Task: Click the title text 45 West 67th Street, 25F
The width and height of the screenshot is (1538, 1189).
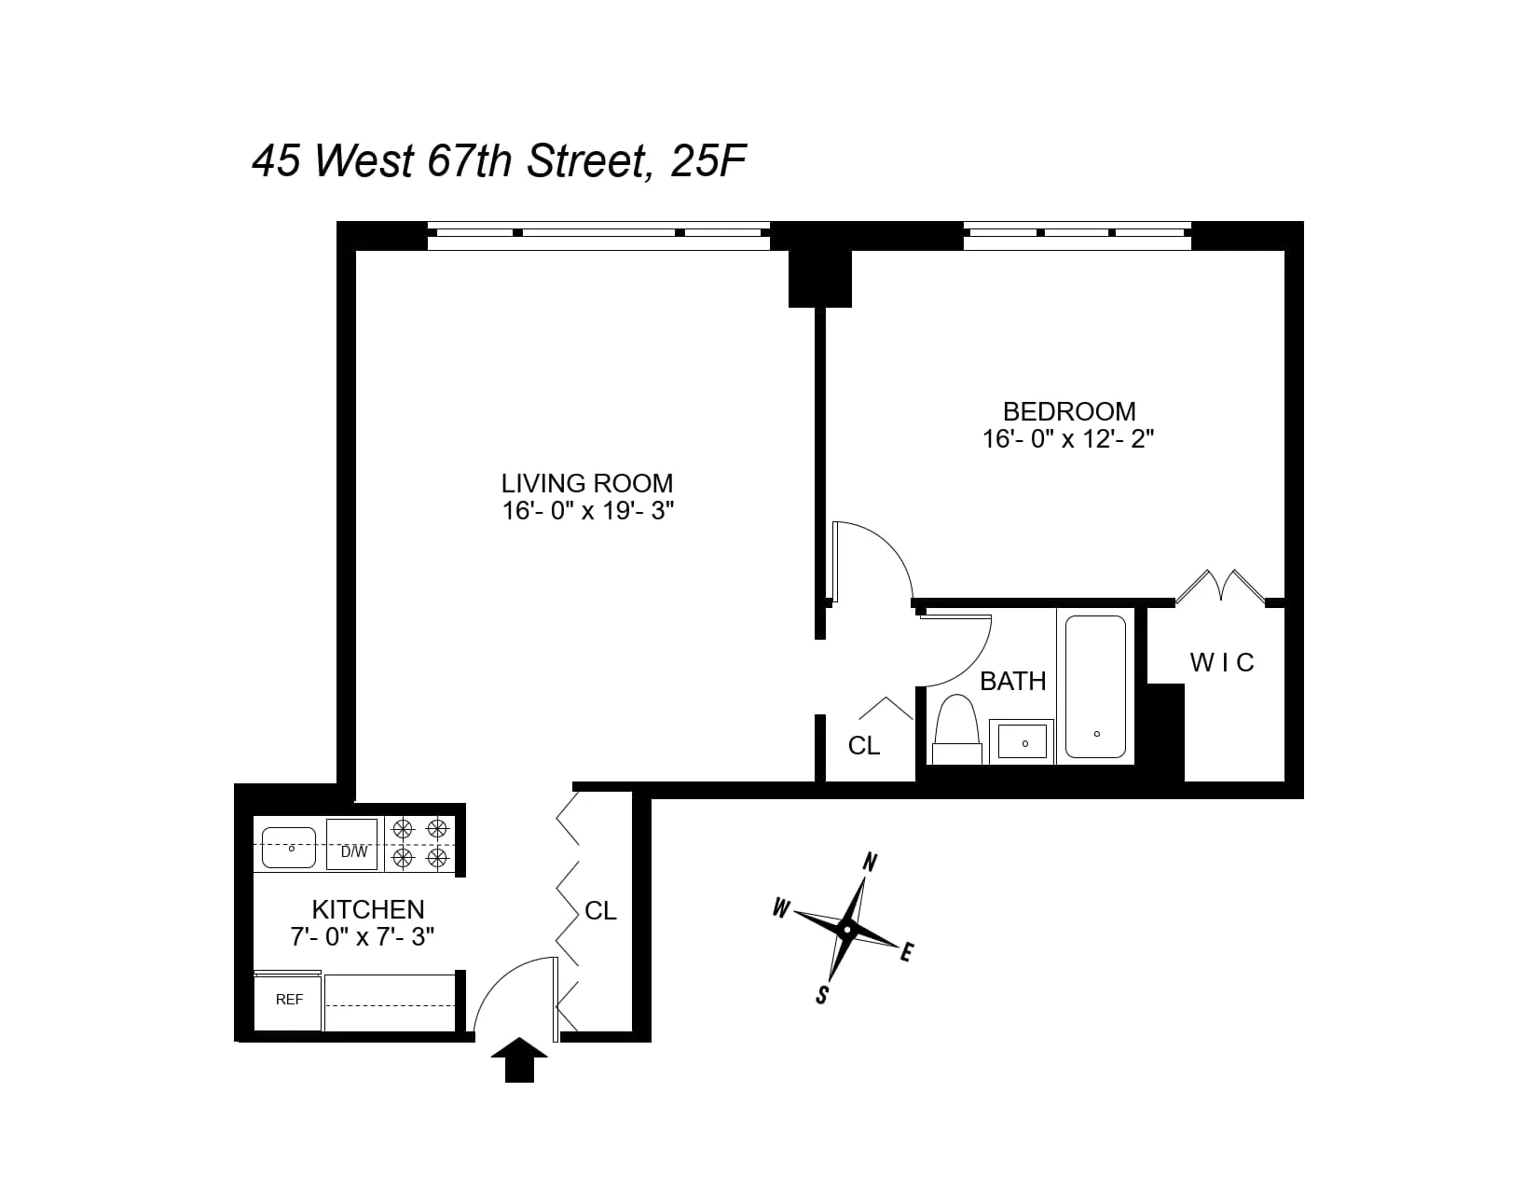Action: [499, 161]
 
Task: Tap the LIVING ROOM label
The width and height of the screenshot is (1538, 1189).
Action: [586, 483]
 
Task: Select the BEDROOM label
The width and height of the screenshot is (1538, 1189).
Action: [1068, 411]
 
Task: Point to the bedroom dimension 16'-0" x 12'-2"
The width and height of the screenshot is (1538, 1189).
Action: [1068, 438]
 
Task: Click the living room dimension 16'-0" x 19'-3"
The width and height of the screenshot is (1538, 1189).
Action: [586, 510]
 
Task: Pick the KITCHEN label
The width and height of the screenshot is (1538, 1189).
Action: [367, 909]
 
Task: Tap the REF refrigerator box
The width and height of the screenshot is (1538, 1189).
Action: [289, 1000]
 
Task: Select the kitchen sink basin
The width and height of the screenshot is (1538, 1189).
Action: [289, 846]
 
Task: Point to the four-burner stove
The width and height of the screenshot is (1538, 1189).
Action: [419, 844]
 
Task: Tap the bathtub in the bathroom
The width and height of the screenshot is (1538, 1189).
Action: [1095, 685]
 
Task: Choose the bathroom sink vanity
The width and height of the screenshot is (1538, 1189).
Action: [1023, 742]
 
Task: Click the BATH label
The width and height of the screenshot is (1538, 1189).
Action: [1012, 681]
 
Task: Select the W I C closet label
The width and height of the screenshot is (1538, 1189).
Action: [1221, 663]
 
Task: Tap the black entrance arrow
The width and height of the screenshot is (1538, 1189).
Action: [519, 1059]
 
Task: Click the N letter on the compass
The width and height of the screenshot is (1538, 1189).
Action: [870, 862]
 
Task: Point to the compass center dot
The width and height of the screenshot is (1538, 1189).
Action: [846, 929]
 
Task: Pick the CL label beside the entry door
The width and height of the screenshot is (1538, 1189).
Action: [600, 911]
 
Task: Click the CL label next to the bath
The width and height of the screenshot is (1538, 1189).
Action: [864, 746]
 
